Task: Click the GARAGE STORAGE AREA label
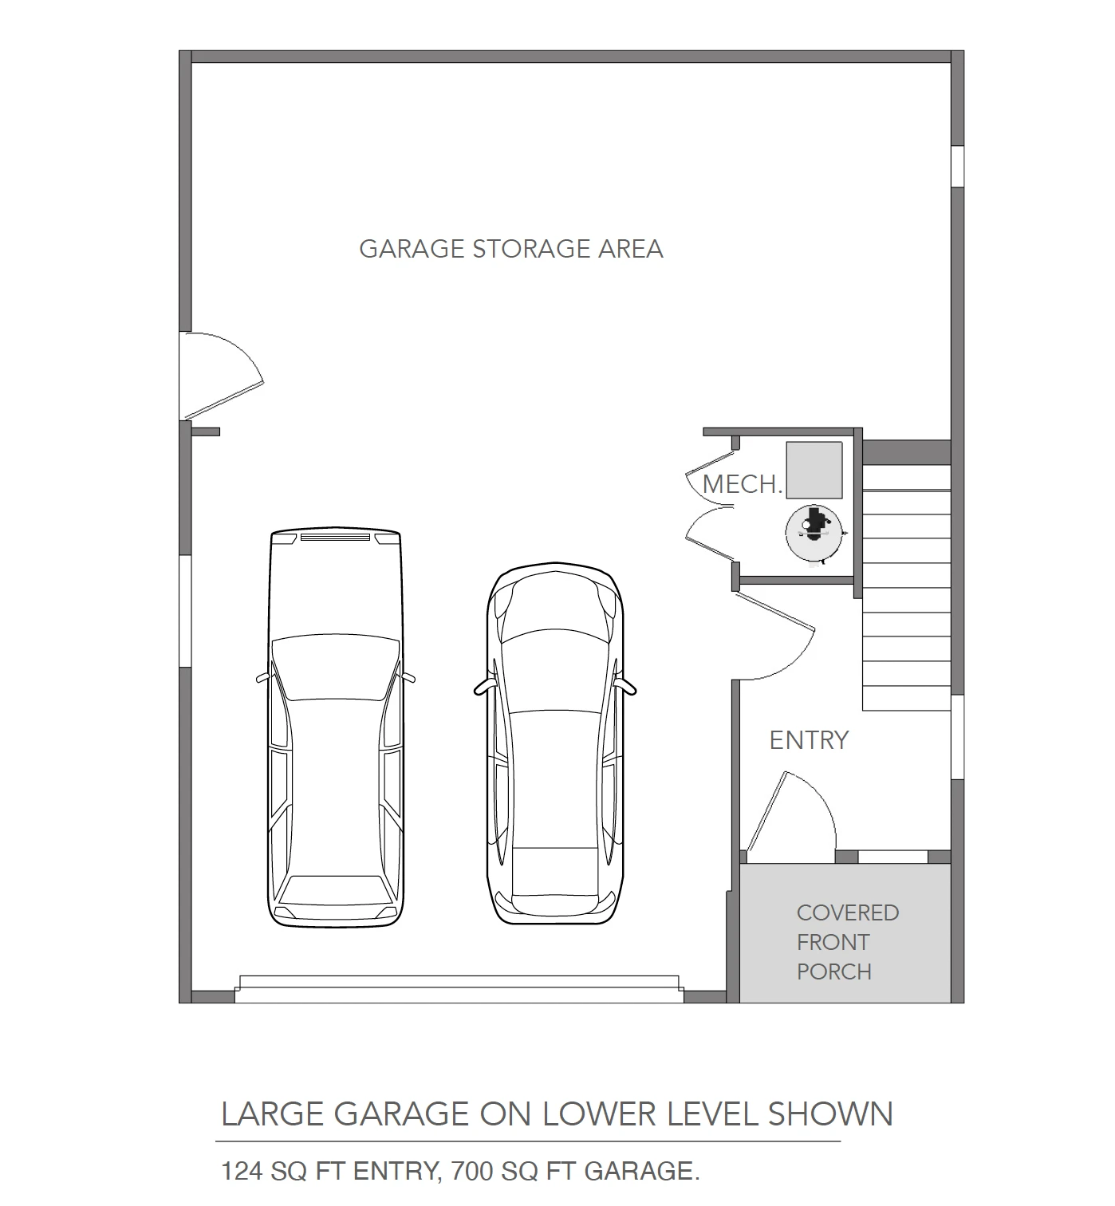point(510,249)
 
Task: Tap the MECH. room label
point(742,485)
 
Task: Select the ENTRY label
point(809,740)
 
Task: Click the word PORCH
point(833,972)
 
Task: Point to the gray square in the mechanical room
point(814,470)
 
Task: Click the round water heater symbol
point(814,533)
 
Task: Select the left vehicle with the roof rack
point(336,727)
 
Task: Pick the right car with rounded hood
point(555,743)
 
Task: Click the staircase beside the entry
point(906,587)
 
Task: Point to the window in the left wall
point(185,611)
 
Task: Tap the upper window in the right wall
point(957,167)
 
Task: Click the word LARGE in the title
point(273,1113)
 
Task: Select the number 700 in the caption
point(471,1171)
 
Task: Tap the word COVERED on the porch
point(848,912)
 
